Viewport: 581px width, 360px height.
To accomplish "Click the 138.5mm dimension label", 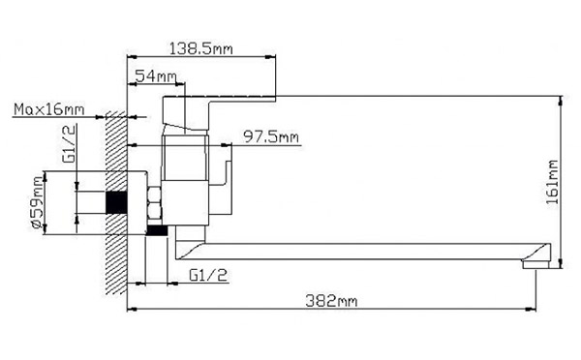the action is point(200,48).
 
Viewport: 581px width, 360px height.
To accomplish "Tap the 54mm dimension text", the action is point(155,75).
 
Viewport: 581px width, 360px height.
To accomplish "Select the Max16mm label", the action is point(49,109).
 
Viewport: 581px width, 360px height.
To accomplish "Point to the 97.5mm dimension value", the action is point(271,137).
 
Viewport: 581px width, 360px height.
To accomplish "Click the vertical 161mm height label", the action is point(552,182).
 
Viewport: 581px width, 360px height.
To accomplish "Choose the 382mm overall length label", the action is point(331,301).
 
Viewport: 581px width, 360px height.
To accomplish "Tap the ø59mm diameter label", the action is point(37,202).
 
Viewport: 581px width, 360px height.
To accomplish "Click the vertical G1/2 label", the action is point(70,143).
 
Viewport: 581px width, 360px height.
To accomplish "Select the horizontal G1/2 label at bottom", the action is point(208,275).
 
